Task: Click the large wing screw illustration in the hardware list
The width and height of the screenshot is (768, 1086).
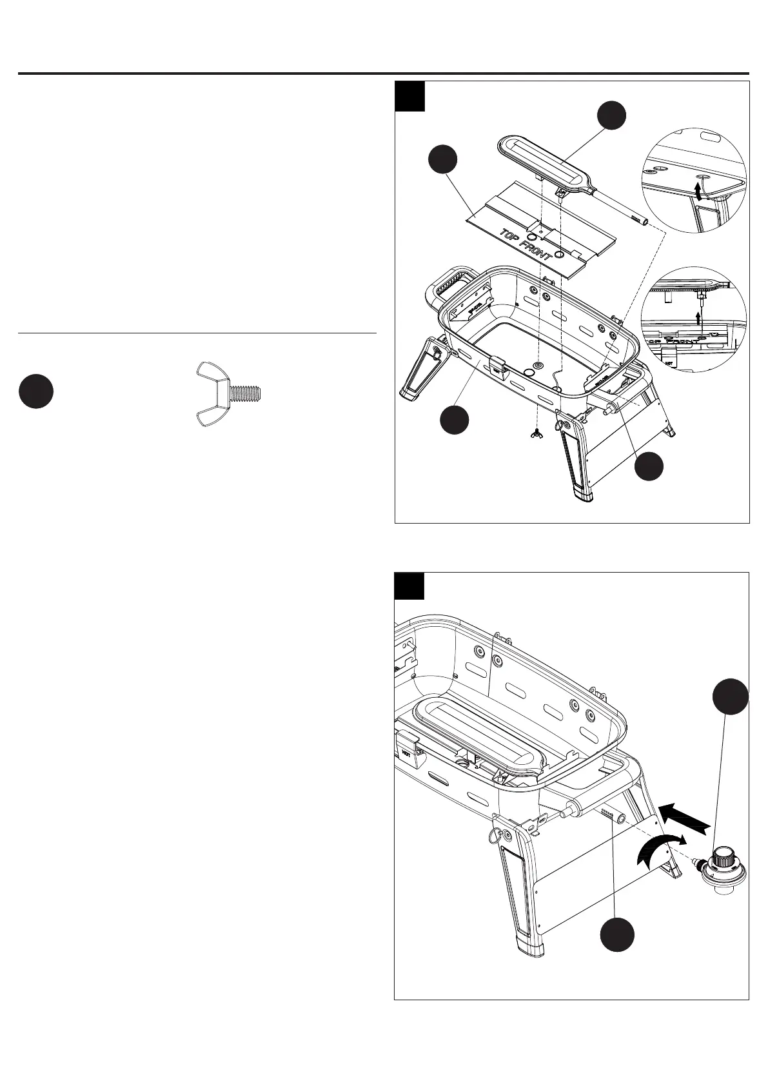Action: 229,394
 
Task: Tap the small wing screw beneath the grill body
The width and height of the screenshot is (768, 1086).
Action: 535,435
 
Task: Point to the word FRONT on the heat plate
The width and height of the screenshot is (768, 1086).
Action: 537,249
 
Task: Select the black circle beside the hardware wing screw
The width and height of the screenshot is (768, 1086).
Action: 35,392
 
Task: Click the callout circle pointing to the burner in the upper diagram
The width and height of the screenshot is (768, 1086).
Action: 611,115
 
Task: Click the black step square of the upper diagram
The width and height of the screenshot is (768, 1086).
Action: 409,96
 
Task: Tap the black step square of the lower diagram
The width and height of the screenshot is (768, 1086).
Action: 409,586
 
